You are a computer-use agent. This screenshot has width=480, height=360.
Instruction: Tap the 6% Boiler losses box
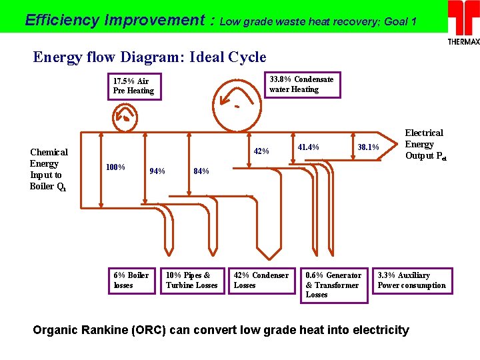(x=133, y=280)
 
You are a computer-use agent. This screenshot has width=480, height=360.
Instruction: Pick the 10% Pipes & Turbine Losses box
(x=192, y=280)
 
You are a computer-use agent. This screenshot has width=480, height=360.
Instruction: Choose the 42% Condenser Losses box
(x=261, y=280)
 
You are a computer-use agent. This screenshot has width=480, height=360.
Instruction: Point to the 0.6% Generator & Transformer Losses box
(x=334, y=285)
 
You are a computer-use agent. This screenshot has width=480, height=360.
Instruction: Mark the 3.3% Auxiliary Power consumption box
(x=412, y=280)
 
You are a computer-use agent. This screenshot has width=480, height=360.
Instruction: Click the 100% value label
(x=116, y=166)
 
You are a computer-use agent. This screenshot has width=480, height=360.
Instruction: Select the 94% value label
(x=157, y=171)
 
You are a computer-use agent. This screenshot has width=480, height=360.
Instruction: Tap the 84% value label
(x=201, y=171)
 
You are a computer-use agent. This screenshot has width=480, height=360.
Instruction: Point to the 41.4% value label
(x=308, y=147)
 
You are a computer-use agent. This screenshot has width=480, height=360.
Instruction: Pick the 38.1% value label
(x=368, y=147)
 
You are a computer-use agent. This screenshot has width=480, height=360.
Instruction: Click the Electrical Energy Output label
(x=425, y=145)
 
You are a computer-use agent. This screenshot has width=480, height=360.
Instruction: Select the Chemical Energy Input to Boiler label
(x=49, y=169)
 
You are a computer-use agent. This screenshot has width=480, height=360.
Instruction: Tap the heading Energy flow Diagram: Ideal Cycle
(x=149, y=57)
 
